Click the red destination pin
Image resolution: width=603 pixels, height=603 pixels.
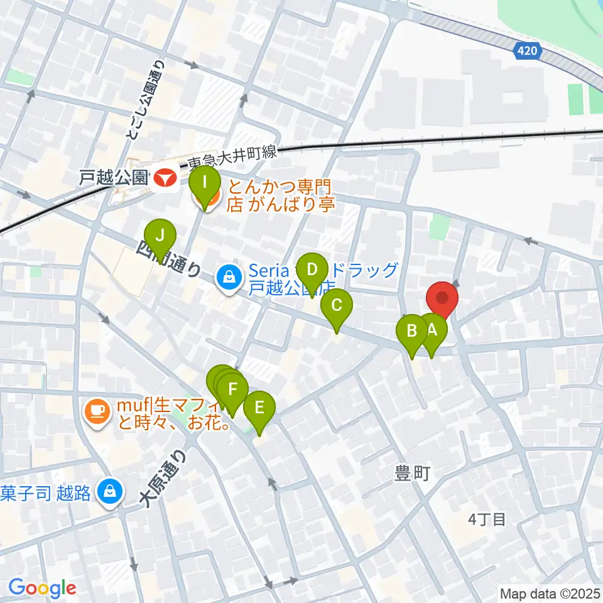point(442,298)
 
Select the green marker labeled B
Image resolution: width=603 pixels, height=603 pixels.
point(413,330)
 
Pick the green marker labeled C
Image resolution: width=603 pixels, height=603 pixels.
point(336,306)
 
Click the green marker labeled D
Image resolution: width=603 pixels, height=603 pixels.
point(312,271)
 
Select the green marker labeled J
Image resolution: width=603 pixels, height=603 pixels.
point(160,236)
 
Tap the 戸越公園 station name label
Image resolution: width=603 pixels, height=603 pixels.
point(114,178)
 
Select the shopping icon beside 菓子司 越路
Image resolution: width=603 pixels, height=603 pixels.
point(111,491)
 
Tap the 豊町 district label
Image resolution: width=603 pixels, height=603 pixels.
point(412,473)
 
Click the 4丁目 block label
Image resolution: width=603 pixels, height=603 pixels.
point(487,519)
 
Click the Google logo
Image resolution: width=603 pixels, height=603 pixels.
point(42,588)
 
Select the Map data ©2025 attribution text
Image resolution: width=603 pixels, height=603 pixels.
point(550,593)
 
